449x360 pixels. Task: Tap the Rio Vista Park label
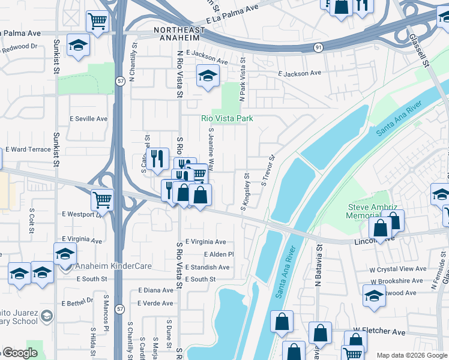[x=226, y=119]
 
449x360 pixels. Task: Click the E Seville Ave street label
[x=89, y=119]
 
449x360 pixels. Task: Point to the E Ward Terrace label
[x=28, y=149]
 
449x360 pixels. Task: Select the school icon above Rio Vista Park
[x=208, y=76]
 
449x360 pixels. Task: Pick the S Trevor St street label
[x=267, y=171]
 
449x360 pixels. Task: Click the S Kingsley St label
[x=246, y=192]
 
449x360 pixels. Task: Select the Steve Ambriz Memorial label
[x=374, y=211]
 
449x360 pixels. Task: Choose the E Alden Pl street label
[x=218, y=254]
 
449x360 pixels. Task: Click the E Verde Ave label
[x=155, y=303]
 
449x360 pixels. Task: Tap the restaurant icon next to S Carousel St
[x=157, y=158]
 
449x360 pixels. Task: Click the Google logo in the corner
[x=19, y=353]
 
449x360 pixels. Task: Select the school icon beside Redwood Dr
[x=78, y=46]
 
